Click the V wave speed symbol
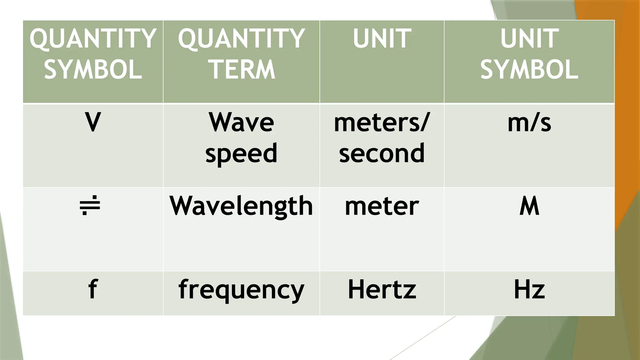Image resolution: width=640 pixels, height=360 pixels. [x=93, y=122]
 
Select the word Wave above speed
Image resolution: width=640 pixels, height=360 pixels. [x=241, y=122]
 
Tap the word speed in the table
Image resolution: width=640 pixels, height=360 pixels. [x=241, y=153]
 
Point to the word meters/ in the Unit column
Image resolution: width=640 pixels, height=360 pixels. [x=382, y=122]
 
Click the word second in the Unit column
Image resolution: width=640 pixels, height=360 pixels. [x=382, y=153]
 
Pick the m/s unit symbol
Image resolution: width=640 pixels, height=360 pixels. [x=529, y=122]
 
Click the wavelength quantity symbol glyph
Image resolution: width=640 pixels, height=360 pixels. [x=90, y=205]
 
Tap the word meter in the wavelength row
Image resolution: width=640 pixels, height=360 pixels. [x=382, y=206]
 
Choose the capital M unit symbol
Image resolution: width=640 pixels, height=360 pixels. [x=529, y=206]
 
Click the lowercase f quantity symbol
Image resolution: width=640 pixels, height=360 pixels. [x=93, y=289]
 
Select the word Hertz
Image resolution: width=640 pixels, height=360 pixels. [x=382, y=289]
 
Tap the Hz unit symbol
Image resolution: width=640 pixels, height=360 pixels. [x=529, y=289]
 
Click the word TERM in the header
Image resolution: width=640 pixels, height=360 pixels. [x=242, y=69]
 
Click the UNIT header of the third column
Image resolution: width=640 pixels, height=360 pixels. [x=382, y=38]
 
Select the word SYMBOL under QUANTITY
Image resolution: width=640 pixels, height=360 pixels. [x=93, y=69]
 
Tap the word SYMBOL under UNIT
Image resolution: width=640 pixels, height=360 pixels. [x=529, y=69]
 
